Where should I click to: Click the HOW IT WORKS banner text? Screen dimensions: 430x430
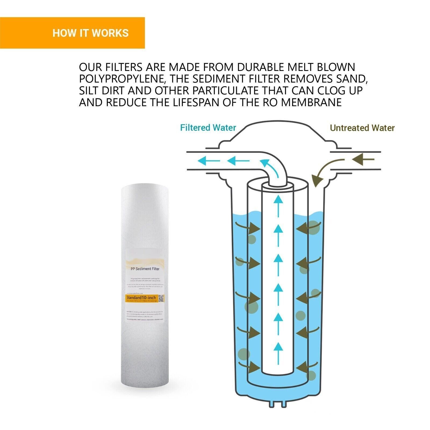(91, 33)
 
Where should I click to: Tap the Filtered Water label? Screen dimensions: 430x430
(208, 128)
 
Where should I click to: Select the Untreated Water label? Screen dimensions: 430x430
(362, 128)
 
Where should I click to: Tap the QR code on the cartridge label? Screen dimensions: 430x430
(161, 298)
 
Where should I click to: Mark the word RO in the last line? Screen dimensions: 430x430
(273, 102)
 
